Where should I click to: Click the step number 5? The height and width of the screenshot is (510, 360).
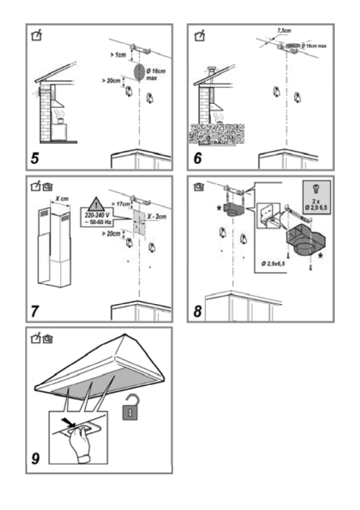[35, 158]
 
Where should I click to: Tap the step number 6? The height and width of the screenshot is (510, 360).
[197, 158]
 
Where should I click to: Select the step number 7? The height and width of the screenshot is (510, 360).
[35, 311]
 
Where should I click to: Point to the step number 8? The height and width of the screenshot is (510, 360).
[197, 311]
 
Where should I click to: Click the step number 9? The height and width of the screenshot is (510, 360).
[35, 458]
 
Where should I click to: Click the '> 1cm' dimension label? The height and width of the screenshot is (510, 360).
[118, 55]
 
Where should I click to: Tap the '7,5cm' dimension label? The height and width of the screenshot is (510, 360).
[284, 31]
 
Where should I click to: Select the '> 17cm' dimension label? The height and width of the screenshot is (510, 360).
[120, 204]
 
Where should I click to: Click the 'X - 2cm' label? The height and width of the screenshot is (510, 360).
[156, 217]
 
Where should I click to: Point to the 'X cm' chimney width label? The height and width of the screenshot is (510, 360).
[62, 199]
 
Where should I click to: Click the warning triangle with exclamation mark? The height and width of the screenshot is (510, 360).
[97, 204]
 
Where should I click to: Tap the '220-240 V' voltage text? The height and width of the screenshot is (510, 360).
[97, 215]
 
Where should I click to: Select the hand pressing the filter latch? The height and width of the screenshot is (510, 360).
[80, 442]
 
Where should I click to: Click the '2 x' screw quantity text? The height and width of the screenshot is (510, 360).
[316, 202]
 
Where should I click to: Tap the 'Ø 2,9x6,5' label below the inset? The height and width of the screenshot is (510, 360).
[273, 263]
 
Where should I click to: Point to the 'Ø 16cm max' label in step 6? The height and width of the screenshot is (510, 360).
[314, 46]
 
